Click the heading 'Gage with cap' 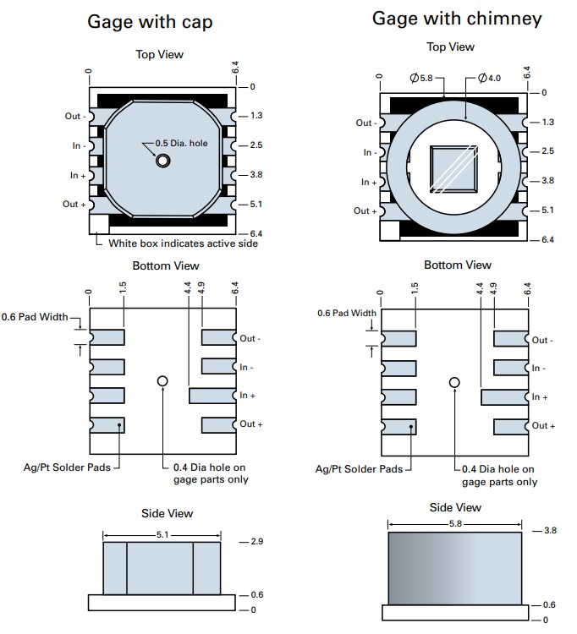(150, 22)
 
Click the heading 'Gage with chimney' (457, 18)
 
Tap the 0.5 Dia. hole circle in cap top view (161, 161)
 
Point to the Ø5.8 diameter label (421, 78)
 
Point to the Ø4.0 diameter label (489, 78)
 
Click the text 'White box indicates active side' (184, 243)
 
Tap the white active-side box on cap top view (99, 224)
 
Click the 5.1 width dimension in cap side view (161, 535)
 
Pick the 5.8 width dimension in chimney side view (455, 525)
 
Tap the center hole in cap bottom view (162, 381)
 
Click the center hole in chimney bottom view (454, 382)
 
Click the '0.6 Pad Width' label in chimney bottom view (347, 313)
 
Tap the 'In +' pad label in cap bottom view (247, 395)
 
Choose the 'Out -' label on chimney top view (365, 123)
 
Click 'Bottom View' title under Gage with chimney (457, 265)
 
